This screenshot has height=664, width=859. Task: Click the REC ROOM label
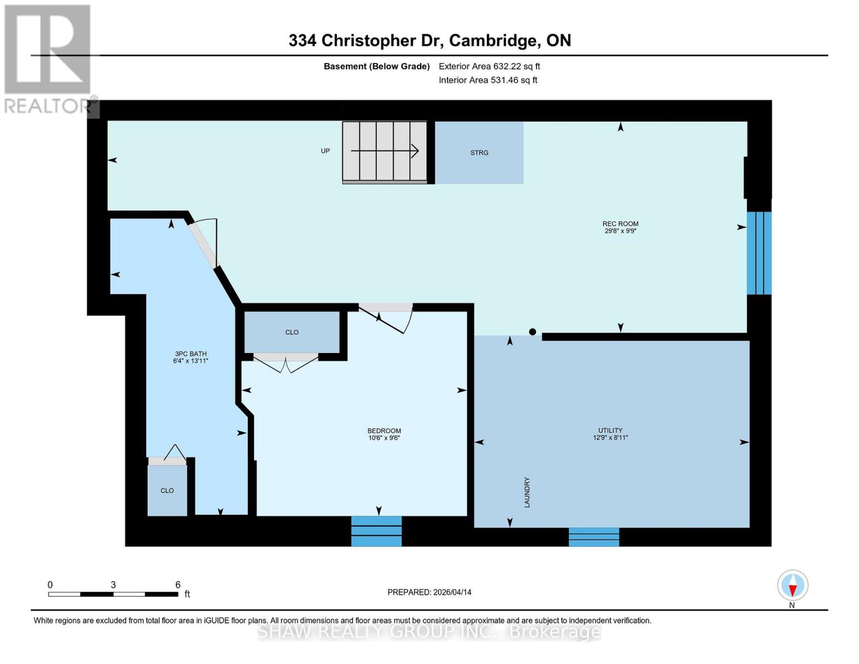pos(620,224)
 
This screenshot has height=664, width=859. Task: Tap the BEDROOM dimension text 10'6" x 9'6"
pos(384,438)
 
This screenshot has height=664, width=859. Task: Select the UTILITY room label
pos(610,430)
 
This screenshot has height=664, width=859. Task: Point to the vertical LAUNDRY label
pos(527,492)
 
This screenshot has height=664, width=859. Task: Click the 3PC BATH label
pos(190,354)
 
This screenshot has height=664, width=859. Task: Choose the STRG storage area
pos(479,153)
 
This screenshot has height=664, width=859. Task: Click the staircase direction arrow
pos(384,151)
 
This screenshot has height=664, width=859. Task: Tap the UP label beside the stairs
pos(325,151)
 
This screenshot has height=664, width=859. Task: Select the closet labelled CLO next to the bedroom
pos(291,332)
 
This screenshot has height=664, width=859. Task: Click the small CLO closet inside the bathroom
pos(167,490)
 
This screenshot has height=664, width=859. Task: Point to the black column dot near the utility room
pos(532,332)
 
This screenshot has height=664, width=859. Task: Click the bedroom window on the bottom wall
pos(376,531)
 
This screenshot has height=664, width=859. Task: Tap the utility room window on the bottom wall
pos(594,537)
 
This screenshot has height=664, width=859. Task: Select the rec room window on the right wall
pos(759,253)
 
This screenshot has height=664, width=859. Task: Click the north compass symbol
pos(793,585)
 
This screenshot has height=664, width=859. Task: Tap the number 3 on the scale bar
pos(113,585)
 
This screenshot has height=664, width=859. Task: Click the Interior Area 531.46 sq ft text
pos(488,80)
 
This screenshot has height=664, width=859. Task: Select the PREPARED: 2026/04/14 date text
pos(429,592)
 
